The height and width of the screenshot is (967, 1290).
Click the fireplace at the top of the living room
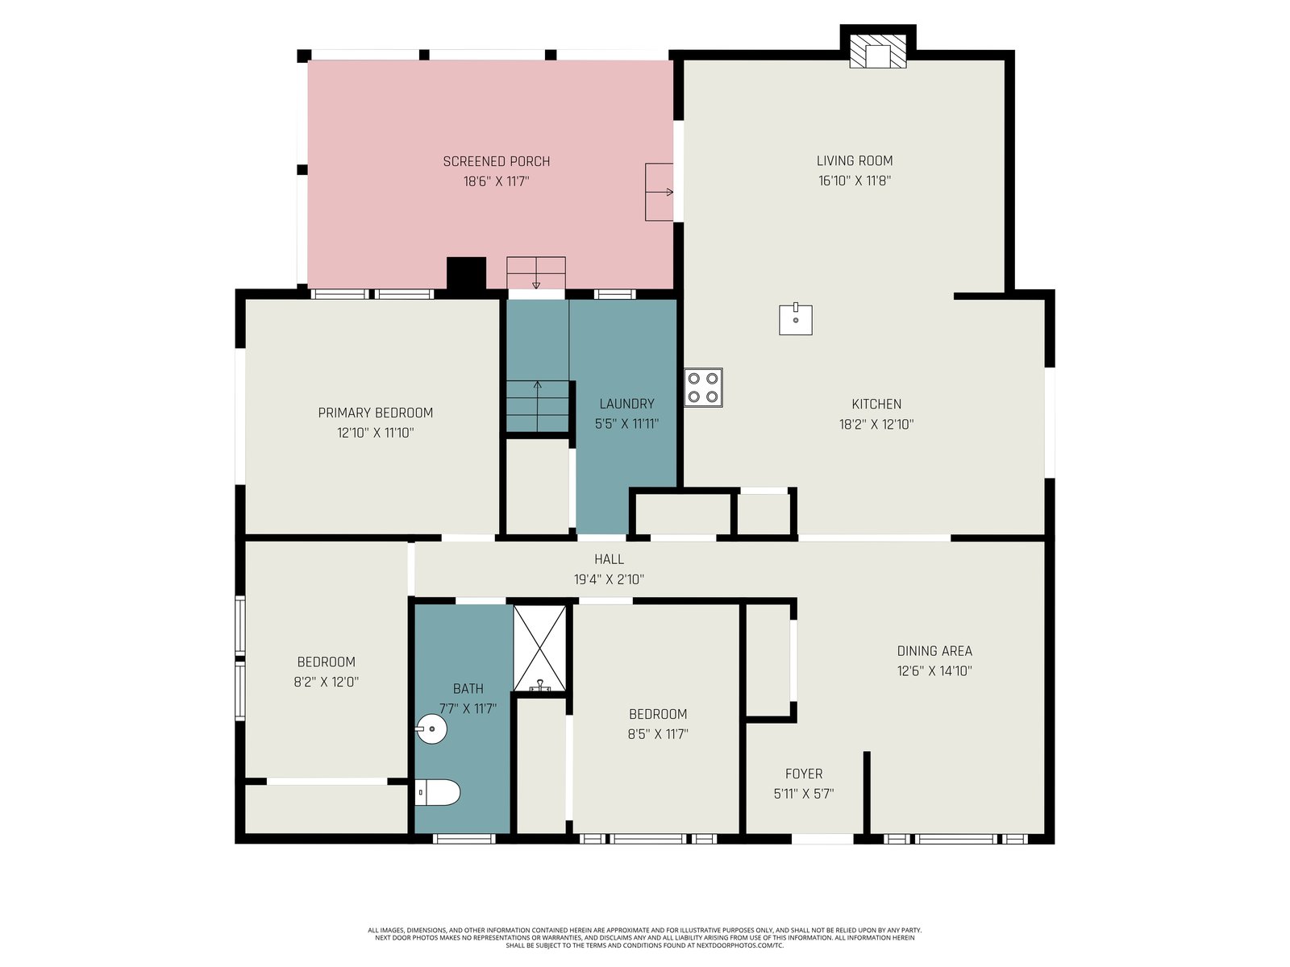pyautogui.click(x=877, y=51)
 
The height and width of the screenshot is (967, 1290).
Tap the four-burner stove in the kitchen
pyautogui.click(x=703, y=388)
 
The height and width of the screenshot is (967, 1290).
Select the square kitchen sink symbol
pyautogui.click(x=796, y=319)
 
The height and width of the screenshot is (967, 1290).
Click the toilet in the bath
pyautogui.click(x=437, y=793)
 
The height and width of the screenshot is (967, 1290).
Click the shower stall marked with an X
pyautogui.click(x=539, y=648)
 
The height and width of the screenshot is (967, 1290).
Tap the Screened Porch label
pyautogui.click(x=497, y=161)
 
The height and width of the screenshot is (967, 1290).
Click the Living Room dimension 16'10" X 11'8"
pyautogui.click(x=855, y=181)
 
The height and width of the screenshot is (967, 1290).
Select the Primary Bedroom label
pyautogui.click(x=376, y=413)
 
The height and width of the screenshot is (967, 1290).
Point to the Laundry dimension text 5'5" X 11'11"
pyautogui.click(x=626, y=424)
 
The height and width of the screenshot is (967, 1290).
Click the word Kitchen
pyautogui.click(x=876, y=404)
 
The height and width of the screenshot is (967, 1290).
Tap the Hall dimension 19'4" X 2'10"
pyautogui.click(x=609, y=579)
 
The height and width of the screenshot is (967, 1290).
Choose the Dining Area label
pyautogui.click(x=934, y=650)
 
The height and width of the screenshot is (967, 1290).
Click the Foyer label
pyautogui.click(x=804, y=774)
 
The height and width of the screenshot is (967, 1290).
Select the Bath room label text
pyautogui.click(x=468, y=689)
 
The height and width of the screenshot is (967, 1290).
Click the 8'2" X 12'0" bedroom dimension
pyautogui.click(x=327, y=682)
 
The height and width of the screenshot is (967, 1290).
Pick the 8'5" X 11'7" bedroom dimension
pyautogui.click(x=658, y=734)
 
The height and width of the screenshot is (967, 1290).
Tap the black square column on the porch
pyautogui.click(x=467, y=274)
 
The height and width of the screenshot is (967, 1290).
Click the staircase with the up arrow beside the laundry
pyautogui.click(x=538, y=406)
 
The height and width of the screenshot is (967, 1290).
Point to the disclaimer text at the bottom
pyautogui.click(x=645, y=938)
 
